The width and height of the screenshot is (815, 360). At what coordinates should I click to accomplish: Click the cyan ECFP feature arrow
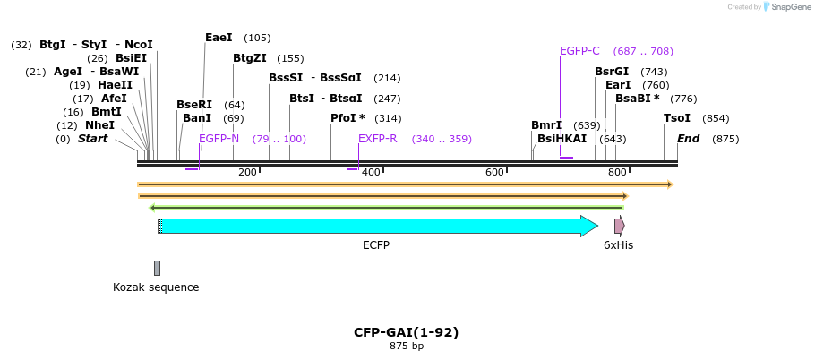[x=376, y=226]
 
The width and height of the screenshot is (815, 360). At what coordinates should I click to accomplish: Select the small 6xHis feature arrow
[x=619, y=226]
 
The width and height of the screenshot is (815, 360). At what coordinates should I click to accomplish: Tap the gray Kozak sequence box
[x=157, y=268]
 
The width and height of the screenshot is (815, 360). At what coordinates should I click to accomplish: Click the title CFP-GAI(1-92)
[x=406, y=332]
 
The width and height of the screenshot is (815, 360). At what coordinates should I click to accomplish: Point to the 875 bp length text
[x=406, y=346]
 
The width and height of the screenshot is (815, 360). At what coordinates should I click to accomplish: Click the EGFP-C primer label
[x=579, y=51]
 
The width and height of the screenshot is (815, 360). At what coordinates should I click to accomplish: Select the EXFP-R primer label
[x=378, y=139]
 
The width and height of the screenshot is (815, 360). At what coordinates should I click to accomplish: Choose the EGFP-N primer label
[x=219, y=139]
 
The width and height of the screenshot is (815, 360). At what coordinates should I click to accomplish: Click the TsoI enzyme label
[x=676, y=118]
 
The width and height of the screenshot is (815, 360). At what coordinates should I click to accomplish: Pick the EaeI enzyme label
[x=219, y=38]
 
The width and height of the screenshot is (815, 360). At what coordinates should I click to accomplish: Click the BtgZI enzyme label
[x=250, y=58]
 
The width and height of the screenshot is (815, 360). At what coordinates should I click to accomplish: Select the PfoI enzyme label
[x=347, y=118]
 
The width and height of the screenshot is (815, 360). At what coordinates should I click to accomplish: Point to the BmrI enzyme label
[x=546, y=125]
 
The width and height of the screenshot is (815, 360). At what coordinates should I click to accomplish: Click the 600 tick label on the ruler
[x=494, y=172]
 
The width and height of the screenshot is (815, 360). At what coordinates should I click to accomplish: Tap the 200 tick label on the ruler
[x=247, y=172]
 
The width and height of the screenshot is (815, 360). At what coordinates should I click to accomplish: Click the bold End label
[x=688, y=139]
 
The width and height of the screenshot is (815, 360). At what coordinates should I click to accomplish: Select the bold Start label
[x=92, y=139]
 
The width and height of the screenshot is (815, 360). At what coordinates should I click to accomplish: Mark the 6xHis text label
[x=618, y=244]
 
